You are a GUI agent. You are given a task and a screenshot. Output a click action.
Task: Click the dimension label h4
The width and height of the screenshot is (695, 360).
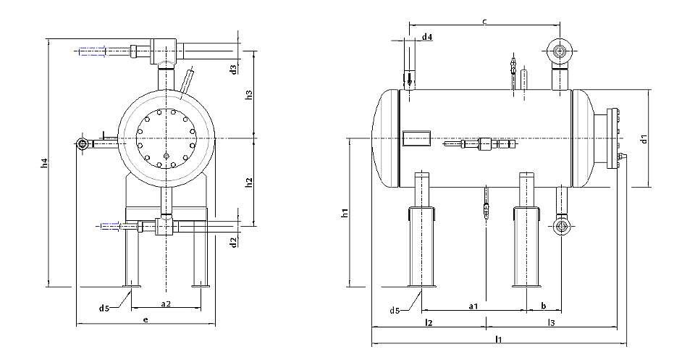pyautogui.click(x=43, y=163)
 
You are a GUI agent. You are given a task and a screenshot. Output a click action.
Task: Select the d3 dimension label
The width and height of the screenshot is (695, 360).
pyautogui.click(x=234, y=69)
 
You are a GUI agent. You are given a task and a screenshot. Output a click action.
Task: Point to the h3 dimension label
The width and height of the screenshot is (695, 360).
pyautogui.click(x=249, y=95)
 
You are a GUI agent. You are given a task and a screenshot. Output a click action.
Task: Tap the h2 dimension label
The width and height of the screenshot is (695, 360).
pyautogui.click(x=249, y=182)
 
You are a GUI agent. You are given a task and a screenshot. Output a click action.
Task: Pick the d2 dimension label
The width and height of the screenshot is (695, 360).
pyautogui.click(x=234, y=242)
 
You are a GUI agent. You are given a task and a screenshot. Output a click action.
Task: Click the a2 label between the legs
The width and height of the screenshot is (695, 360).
pyautogui.click(x=166, y=304)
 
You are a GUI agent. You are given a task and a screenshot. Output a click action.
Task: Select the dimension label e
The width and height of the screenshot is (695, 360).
pyautogui.click(x=146, y=319)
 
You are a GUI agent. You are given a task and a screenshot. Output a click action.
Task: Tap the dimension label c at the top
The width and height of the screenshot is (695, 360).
pyautogui.click(x=484, y=21)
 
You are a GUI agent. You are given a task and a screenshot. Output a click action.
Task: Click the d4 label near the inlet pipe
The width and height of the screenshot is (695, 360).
pyautogui.click(x=427, y=37)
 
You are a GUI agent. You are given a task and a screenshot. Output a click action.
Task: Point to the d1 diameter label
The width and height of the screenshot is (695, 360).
pyautogui.click(x=644, y=139)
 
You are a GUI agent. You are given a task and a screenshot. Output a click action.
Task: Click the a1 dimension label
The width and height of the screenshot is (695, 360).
pyautogui.click(x=473, y=306)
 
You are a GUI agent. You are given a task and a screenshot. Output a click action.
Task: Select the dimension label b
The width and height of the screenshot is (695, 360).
pyautogui.click(x=544, y=306)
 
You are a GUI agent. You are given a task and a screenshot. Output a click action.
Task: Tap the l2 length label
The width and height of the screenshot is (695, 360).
pyautogui.click(x=428, y=323)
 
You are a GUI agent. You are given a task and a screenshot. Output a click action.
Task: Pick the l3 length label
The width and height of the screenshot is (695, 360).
pyautogui.click(x=551, y=323)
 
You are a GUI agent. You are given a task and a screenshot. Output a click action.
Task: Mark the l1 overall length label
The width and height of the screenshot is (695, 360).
pyautogui.click(x=499, y=340)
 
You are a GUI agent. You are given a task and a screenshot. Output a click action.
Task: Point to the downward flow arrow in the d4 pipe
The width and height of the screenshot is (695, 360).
pyautogui.click(x=410, y=80)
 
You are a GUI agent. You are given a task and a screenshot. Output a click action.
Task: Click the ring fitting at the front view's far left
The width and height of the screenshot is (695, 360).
pyautogui.click(x=82, y=144)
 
